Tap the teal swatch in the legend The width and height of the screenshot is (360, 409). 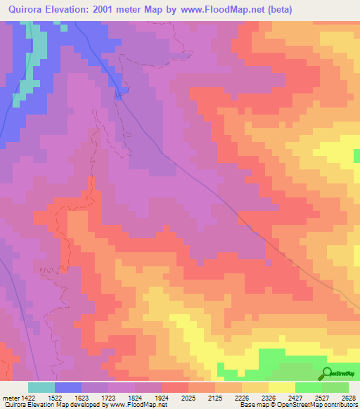tap(41, 387)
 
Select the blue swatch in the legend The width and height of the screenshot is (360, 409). tap(68, 387)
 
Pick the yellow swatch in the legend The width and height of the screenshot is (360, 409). tap(282, 387)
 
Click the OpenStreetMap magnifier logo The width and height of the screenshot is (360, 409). tap(326, 373)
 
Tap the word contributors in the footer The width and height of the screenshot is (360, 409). tap(340, 405)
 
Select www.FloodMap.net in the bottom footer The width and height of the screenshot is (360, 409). tap(138, 405)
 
